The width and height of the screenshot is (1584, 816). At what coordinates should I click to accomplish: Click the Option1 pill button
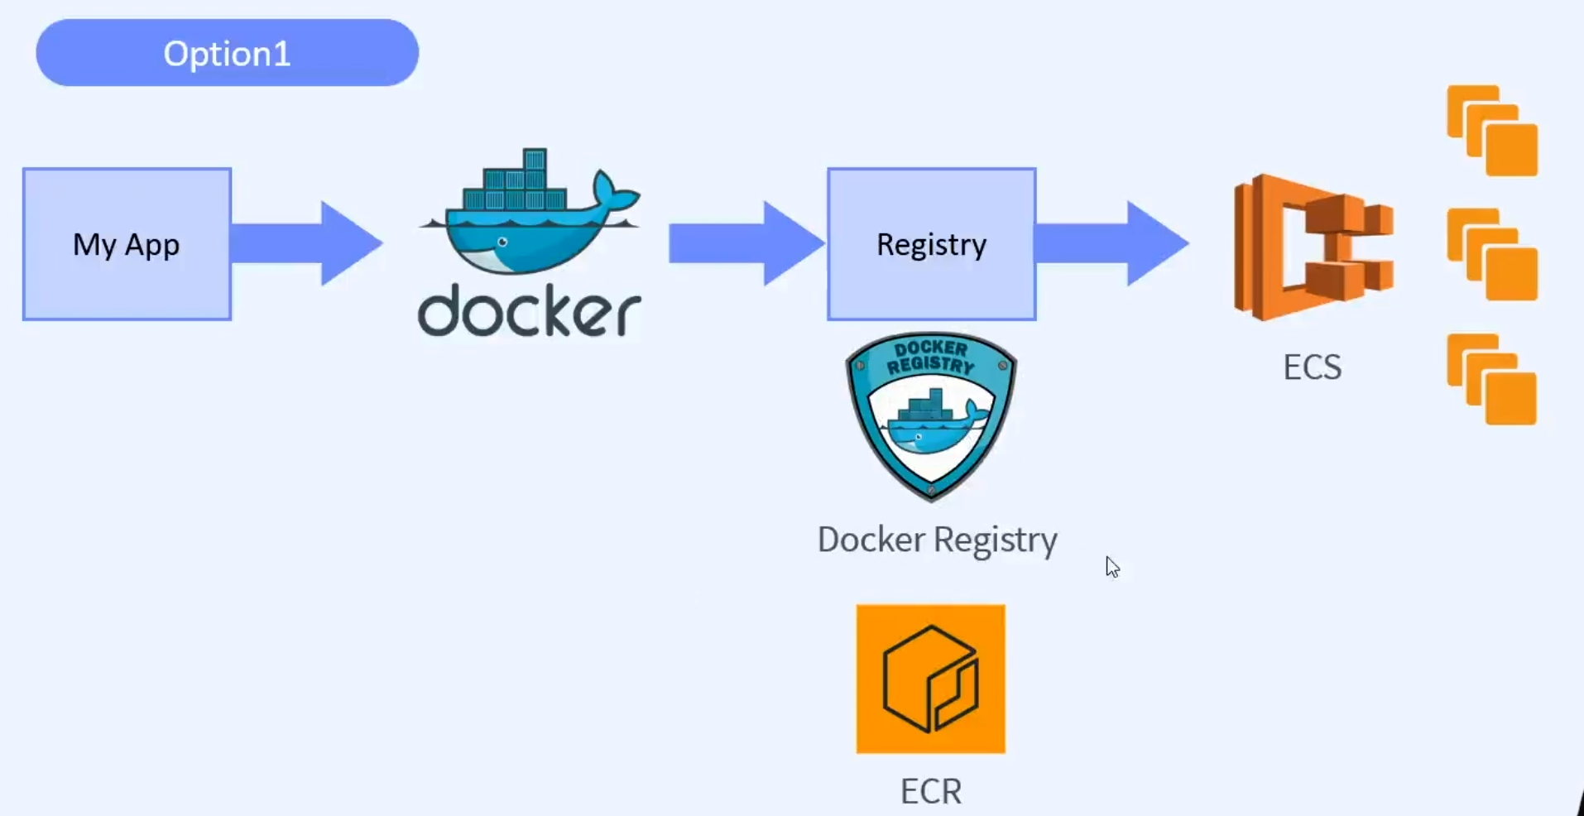(x=227, y=53)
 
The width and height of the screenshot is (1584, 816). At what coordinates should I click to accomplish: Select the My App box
(x=127, y=244)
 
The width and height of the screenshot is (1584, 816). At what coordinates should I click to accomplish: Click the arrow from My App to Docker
(x=306, y=244)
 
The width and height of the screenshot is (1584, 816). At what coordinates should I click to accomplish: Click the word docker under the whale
(x=530, y=311)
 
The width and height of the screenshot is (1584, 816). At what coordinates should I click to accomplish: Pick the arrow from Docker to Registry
(x=745, y=244)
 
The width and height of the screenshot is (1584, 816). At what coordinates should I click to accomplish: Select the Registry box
(x=931, y=244)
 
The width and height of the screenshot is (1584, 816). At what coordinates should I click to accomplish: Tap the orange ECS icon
(x=1313, y=247)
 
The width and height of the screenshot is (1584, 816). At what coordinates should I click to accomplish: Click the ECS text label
(x=1312, y=367)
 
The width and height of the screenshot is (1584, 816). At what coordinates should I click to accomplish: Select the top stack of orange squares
(x=1492, y=131)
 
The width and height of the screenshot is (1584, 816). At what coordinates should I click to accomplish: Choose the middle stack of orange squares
(x=1492, y=254)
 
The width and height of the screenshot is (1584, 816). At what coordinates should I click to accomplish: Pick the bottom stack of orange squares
(x=1492, y=379)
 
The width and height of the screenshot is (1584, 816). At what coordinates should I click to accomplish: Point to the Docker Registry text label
(x=937, y=540)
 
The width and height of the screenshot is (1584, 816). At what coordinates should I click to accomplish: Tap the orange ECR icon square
(x=931, y=679)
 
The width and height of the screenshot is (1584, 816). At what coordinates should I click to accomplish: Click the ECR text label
(x=931, y=791)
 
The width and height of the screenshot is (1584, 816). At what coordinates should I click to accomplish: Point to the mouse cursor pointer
(x=1111, y=566)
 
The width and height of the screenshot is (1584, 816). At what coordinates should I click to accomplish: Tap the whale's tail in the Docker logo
(x=614, y=193)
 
